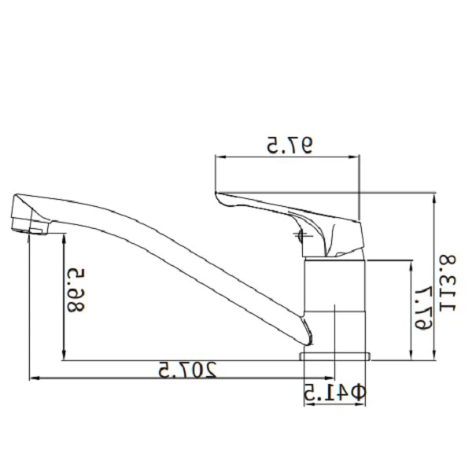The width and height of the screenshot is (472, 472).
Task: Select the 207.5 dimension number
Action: (x=186, y=370)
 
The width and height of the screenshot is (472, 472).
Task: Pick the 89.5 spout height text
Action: (x=76, y=289)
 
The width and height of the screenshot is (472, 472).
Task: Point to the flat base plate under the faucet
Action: (x=335, y=356)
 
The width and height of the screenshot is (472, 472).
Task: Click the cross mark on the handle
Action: (x=301, y=234)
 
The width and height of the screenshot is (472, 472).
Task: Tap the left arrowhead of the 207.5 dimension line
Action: (x=32, y=379)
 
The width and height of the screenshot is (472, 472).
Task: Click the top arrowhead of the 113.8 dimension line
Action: (x=434, y=195)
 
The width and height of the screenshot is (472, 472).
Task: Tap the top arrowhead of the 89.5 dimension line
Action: (x=63, y=238)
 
